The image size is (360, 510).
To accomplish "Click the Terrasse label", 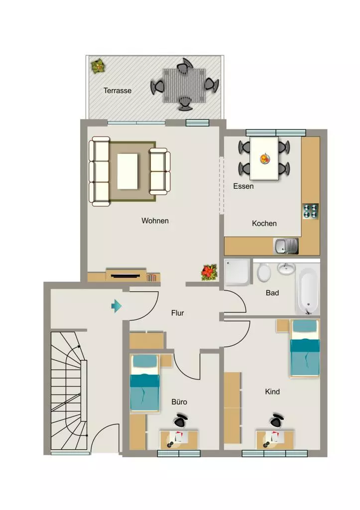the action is click(x=118, y=91).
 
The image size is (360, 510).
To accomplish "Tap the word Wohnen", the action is click(x=155, y=221).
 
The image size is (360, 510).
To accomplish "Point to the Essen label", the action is click(x=243, y=186).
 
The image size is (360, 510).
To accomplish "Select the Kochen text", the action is click(x=264, y=224).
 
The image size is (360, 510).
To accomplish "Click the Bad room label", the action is click(x=272, y=293).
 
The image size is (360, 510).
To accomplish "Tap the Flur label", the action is click(x=178, y=313).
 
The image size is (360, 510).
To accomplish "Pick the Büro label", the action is click(x=179, y=402).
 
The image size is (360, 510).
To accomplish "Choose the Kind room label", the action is click(x=272, y=391).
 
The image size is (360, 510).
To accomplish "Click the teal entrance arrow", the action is click(x=117, y=306).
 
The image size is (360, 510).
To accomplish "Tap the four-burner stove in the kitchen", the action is click(x=310, y=211).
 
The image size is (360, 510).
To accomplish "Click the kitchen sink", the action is click(x=286, y=246).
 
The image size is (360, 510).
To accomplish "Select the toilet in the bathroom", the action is click(x=264, y=272).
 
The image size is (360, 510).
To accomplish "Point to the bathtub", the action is click(x=308, y=289).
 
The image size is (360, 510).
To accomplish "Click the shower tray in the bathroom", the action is click(x=238, y=272).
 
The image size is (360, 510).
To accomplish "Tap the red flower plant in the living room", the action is click(x=209, y=272).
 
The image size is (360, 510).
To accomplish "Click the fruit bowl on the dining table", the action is click(x=265, y=159).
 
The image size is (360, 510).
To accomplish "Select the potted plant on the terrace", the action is click(x=98, y=66).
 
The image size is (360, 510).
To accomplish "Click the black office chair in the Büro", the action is click(x=180, y=420).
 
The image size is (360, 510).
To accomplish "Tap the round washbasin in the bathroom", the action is click(x=286, y=268).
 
